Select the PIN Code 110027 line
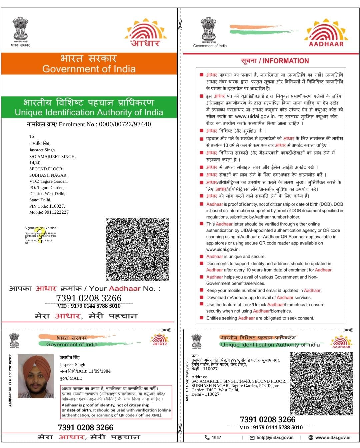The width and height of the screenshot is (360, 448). pos(47,206)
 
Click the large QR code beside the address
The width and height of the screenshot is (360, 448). pos(137,249)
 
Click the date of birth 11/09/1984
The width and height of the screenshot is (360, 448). pos(99,371)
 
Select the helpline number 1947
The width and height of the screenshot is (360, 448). pos(216,437)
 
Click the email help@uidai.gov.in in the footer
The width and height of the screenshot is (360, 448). pos(275,437)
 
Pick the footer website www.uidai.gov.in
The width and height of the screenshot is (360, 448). pos(332,437)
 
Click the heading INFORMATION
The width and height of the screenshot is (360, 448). pos(286,61)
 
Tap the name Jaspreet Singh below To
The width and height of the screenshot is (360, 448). pos(42,150)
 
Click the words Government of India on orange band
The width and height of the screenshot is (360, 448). pos(89,69)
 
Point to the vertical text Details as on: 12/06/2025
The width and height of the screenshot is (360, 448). pos(187,381)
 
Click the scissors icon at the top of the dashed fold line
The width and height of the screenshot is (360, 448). pos(180,24)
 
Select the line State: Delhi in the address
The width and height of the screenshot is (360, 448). pos(40,200)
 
